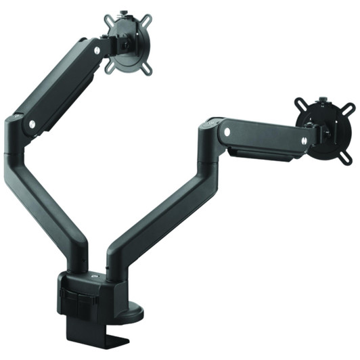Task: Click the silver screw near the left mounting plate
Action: click(97, 51)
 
